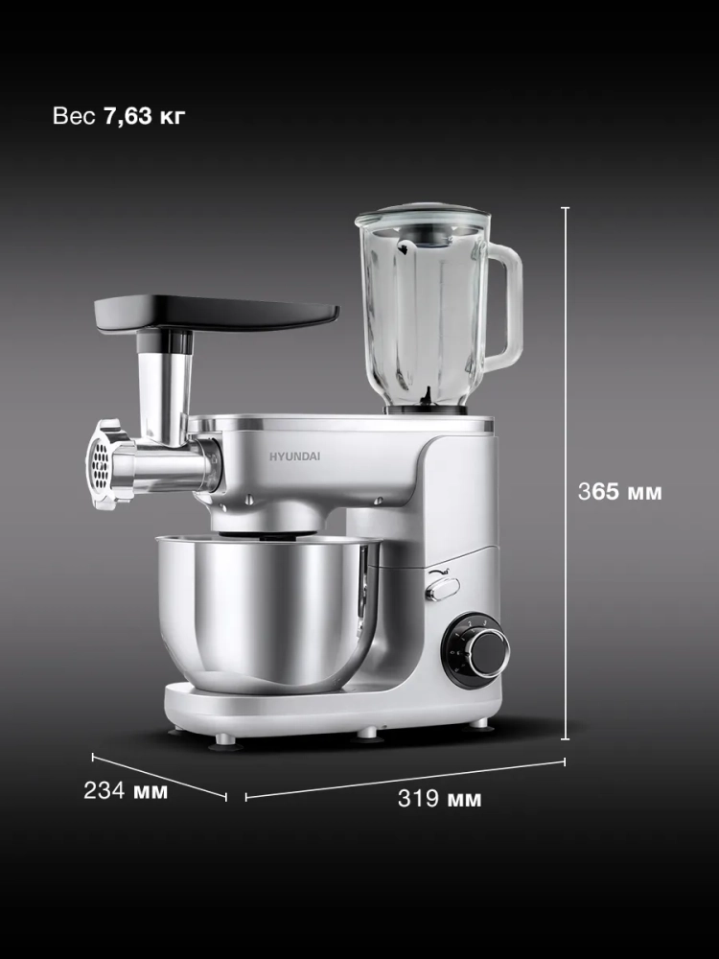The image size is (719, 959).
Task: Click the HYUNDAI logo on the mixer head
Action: point(294,456)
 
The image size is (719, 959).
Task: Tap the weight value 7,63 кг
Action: point(145,116)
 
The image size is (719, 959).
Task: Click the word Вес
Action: point(74,116)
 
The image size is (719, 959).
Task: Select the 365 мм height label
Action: point(620,491)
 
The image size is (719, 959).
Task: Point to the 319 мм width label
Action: point(440,798)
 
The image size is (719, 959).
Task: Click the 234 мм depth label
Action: point(126,790)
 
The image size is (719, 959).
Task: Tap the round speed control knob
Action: point(475,651)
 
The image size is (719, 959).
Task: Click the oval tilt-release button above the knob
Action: point(443,589)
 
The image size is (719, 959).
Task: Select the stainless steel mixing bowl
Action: point(267,613)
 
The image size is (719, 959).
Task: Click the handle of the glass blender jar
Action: point(506,306)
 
